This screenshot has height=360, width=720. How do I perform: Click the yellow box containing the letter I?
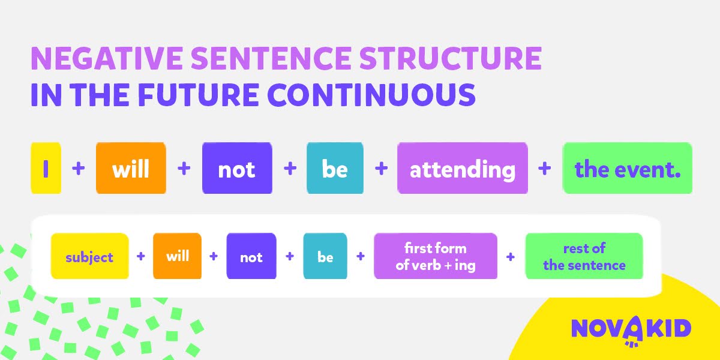[x=46, y=168]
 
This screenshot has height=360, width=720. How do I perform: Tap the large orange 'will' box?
[x=131, y=168]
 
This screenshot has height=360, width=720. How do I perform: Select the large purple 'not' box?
[x=237, y=168]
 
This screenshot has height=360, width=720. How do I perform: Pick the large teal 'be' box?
[x=335, y=168]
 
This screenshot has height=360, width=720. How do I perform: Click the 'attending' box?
[x=463, y=168]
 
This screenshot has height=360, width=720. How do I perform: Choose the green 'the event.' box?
[x=628, y=168]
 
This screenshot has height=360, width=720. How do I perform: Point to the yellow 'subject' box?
[x=89, y=256]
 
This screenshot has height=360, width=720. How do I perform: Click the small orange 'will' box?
[x=177, y=256]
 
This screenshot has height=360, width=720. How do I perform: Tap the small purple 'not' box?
[x=251, y=256]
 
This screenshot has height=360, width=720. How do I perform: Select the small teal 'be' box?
[x=325, y=256]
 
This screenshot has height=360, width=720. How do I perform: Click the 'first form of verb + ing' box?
[x=436, y=256]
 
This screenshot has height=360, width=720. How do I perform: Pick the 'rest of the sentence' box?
[x=584, y=256]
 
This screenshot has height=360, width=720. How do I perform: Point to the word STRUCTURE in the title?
[x=451, y=58]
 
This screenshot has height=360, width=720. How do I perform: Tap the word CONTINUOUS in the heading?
[x=371, y=95]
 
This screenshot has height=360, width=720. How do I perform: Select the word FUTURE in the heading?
[x=199, y=95]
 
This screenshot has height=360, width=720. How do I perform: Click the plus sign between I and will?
[x=79, y=168]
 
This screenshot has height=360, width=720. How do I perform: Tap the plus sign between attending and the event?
[x=545, y=168]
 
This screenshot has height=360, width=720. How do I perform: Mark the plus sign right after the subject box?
[x=141, y=256]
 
